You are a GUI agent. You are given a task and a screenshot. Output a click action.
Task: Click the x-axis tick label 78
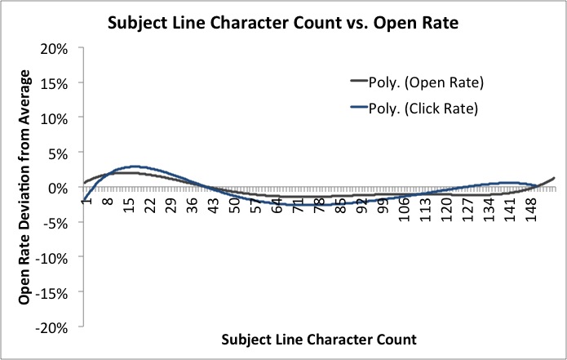pyautogui.click(x=319, y=204)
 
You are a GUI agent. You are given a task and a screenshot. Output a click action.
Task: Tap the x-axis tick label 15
pyautogui.click(x=129, y=204)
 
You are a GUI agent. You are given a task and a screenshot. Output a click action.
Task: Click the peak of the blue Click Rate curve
pyautogui.click(x=135, y=167)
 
